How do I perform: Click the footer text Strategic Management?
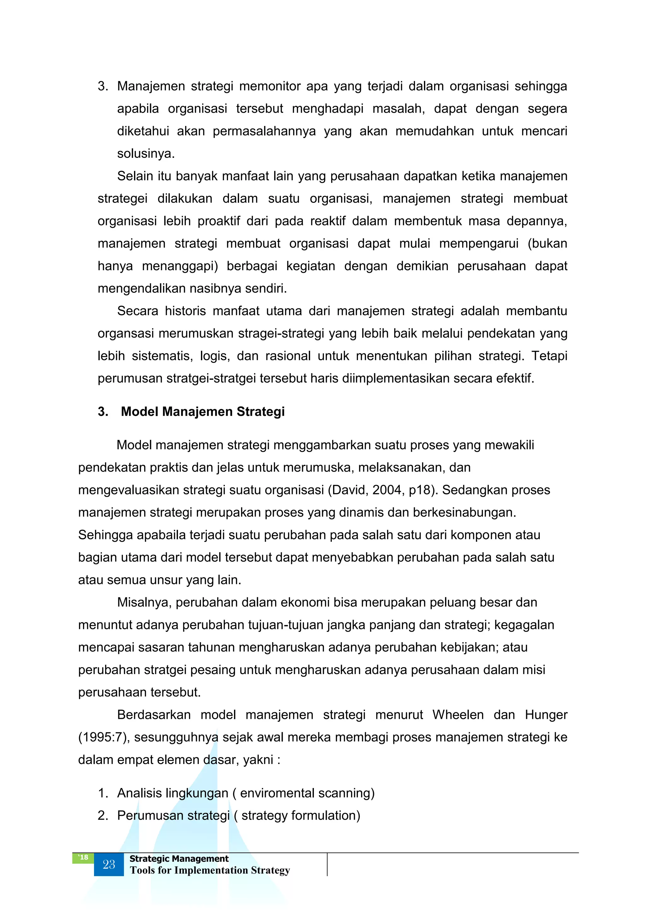click(179, 859)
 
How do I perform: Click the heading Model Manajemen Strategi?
click(203, 412)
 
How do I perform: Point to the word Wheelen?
click(458, 714)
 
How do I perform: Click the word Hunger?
click(546, 714)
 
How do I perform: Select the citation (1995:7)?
click(104, 737)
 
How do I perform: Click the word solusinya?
click(146, 154)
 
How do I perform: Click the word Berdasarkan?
click(154, 714)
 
